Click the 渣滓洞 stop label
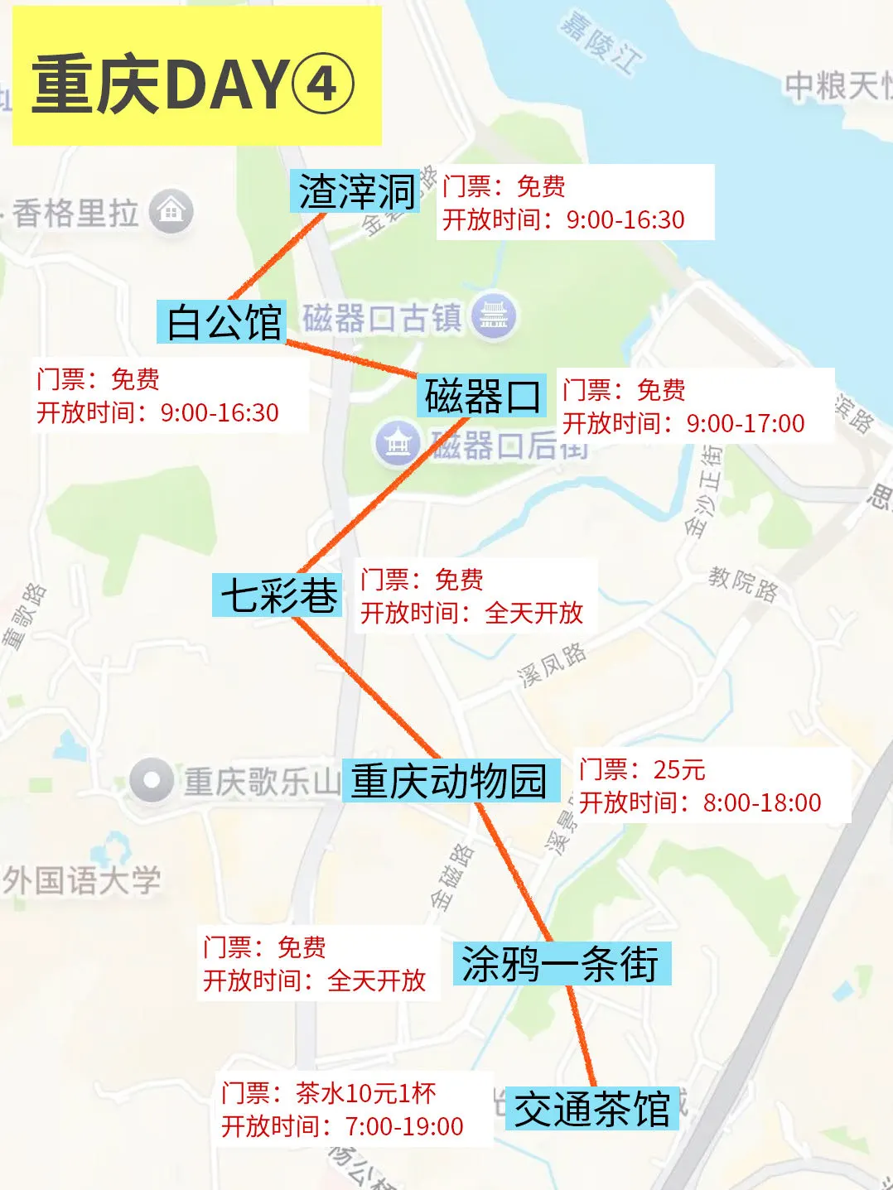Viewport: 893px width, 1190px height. tap(356, 192)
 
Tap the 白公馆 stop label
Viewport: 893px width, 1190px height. tap(223, 322)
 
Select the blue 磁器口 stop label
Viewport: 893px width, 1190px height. tap(482, 396)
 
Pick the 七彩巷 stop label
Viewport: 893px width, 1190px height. tap(278, 595)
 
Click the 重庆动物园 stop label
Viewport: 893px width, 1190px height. tap(448, 781)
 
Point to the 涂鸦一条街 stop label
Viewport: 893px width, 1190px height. tap(561, 964)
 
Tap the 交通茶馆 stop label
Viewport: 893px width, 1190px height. tap(591, 1109)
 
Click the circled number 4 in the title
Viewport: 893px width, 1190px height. tap(324, 84)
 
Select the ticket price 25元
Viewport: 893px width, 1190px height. tap(679, 769)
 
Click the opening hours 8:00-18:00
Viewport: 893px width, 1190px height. tap(762, 802)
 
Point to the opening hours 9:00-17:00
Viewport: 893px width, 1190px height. tap(746, 423)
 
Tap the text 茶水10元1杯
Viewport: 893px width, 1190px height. tap(365, 1093)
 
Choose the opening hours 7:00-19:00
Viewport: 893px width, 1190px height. tap(404, 1126)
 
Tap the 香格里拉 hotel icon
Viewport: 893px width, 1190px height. tap(171, 212)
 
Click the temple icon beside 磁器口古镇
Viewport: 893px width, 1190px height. tap(494, 316)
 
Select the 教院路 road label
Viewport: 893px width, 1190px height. tap(743, 583)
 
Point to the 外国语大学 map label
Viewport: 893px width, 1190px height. tap(81, 880)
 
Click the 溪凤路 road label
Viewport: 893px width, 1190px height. tap(552, 664)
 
